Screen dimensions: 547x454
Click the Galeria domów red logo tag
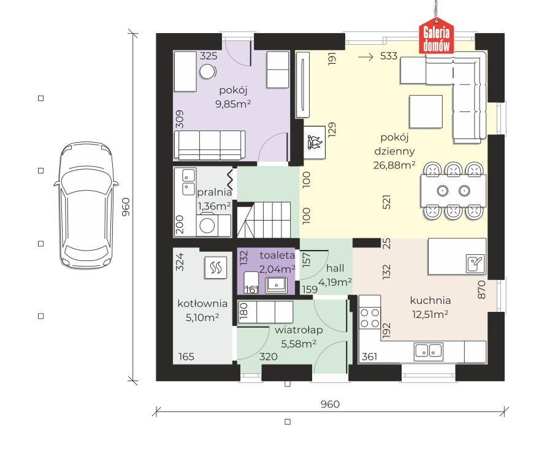point(436,36)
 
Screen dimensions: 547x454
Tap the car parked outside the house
point(86,205)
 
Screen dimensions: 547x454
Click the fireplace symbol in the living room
point(315,142)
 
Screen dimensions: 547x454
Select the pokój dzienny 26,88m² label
point(394,151)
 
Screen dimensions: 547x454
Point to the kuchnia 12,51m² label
point(430,308)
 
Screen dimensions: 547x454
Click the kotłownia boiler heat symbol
point(216,268)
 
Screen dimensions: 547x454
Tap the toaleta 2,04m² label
point(277,262)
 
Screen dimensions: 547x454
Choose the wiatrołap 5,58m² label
point(299,337)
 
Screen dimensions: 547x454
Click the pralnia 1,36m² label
point(214,199)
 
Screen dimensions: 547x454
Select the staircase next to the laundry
point(264,219)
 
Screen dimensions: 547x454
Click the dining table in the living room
point(453,191)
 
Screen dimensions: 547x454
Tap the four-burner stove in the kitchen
point(370,318)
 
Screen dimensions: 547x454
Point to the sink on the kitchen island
point(475,263)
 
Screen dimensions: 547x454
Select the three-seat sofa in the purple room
point(210,145)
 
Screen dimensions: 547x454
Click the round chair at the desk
point(208,72)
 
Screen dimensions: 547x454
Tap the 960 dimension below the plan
point(330,404)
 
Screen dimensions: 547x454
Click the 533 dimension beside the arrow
point(389,56)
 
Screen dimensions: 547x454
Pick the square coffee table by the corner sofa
point(426,112)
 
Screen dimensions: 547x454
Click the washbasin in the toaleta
point(277,286)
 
